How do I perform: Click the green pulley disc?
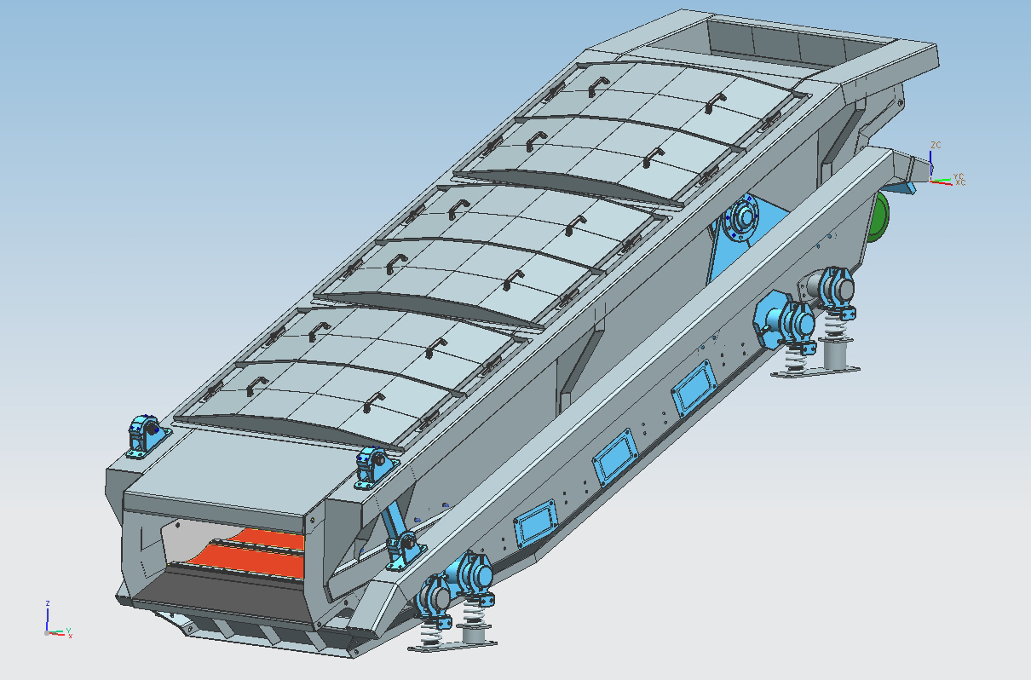point(879,216)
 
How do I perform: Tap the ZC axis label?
point(936,145)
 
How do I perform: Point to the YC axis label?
point(959,176)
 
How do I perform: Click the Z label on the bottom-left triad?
point(48,603)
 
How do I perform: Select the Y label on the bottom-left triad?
point(68,631)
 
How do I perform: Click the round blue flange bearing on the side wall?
point(743,217)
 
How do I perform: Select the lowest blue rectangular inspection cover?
point(536,523)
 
